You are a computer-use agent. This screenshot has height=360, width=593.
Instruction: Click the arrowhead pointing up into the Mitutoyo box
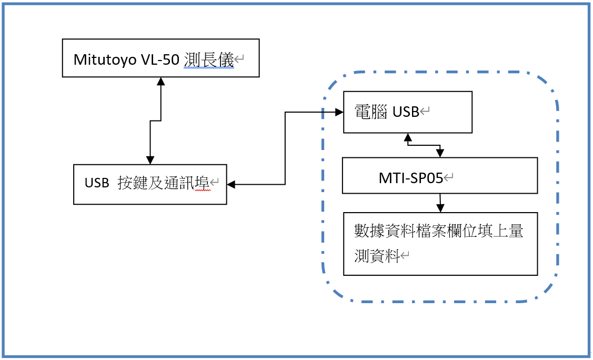pos(161,82)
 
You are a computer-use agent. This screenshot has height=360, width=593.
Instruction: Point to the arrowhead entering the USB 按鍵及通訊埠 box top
pos(150,159)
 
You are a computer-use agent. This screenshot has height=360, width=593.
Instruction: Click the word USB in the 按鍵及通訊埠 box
pos(96,183)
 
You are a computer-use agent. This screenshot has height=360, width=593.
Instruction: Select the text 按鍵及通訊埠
pos(164,183)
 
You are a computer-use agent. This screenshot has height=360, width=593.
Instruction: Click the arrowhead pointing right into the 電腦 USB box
pos(339,112)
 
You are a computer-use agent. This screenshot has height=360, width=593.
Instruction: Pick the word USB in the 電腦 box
pos(406,112)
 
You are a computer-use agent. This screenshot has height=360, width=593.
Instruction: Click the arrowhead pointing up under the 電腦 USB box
pos(407,137)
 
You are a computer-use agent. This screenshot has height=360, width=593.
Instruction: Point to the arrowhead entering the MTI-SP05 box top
pos(440,153)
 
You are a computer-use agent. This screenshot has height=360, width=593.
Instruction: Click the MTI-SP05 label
pos(410,178)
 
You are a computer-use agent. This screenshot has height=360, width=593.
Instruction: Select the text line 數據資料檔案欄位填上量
pos(439,231)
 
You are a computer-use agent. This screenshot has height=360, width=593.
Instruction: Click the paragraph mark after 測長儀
pos(239,60)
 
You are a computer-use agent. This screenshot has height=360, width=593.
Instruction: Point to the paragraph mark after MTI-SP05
pos(449,178)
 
